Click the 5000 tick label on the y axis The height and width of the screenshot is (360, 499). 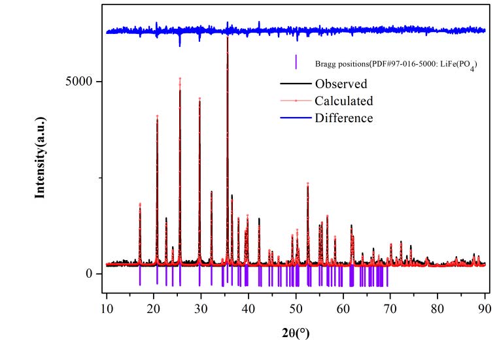[81, 82]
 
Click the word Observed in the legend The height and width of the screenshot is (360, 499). [341, 84]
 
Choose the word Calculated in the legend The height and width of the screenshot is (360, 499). [343, 101]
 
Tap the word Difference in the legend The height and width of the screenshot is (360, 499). [343, 118]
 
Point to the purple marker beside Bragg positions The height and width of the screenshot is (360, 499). [296, 62]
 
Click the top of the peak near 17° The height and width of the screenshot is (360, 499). [140, 204]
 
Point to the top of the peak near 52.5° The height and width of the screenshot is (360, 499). [307, 184]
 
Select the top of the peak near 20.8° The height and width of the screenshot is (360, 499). [158, 116]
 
